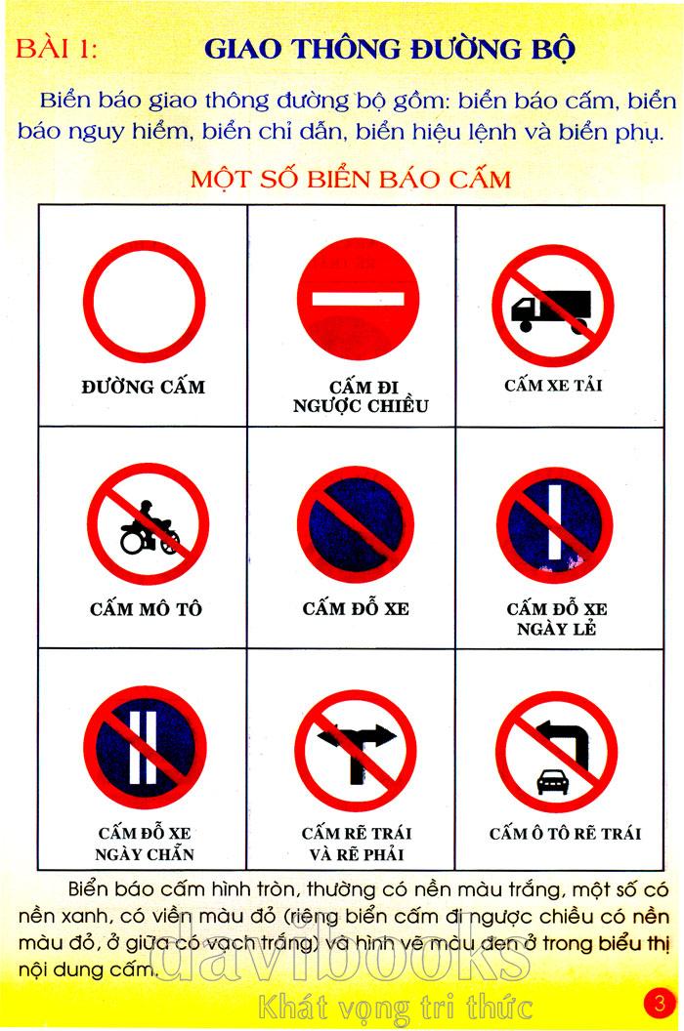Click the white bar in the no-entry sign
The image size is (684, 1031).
tap(358, 299)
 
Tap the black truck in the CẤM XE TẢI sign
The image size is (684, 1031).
tap(552, 310)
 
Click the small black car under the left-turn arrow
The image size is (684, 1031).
tap(552, 781)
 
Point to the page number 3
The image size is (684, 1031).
tap(659, 1003)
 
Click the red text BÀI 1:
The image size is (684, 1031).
tap(57, 50)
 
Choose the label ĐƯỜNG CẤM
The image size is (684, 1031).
tap(144, 387)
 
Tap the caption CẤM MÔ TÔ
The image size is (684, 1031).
tap(147, 609)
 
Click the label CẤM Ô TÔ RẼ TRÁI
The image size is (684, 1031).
tap(565, 834)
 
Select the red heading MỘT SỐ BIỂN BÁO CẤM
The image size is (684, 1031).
tap(351, 180)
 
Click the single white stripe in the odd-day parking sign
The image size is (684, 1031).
tap(555, 522)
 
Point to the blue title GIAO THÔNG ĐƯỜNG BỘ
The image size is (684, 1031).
tap(390, 50)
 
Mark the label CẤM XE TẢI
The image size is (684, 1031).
tap(553, 386)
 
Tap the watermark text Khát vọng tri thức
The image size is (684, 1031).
tap(395, 1007)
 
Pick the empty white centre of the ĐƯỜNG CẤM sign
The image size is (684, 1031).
tap(145, 302)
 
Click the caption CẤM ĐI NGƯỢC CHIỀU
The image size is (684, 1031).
tap(361, 396)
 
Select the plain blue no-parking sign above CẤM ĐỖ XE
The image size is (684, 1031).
tap(356, 524)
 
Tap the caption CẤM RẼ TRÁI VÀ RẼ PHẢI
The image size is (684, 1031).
tap(356, 844)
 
